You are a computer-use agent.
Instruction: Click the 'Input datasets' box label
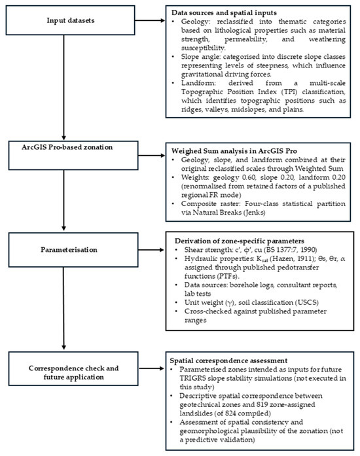71,20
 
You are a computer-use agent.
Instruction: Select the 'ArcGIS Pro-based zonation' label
67,147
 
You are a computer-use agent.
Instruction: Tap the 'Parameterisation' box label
69,249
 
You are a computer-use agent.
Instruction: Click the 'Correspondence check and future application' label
73,372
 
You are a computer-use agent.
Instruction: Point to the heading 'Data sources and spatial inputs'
224,13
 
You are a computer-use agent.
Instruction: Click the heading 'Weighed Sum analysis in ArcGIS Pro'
234,151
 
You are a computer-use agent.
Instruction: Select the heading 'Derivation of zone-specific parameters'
240,241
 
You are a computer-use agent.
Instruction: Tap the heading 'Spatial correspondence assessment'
228,360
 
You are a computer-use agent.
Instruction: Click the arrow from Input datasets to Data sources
150,20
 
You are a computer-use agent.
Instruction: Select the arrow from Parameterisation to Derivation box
151,250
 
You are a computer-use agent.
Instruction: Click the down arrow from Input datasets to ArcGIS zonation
63,87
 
